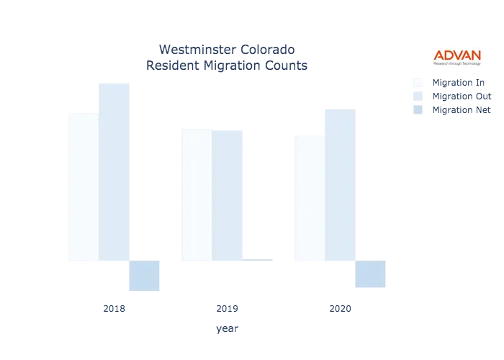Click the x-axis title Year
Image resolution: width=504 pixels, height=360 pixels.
(x=227, y=329)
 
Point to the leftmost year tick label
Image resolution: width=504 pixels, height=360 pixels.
(x=114, y=309)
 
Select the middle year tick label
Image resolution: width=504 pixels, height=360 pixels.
(x=227, y=309)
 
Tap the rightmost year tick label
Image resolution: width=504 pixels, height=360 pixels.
(x=340, y=309)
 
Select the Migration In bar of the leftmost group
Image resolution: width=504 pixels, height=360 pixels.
(x=81, y=186)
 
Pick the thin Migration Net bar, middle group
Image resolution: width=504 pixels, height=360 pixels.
(x=258, y=258)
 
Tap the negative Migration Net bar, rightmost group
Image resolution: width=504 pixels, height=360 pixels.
(x=370, y=274)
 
